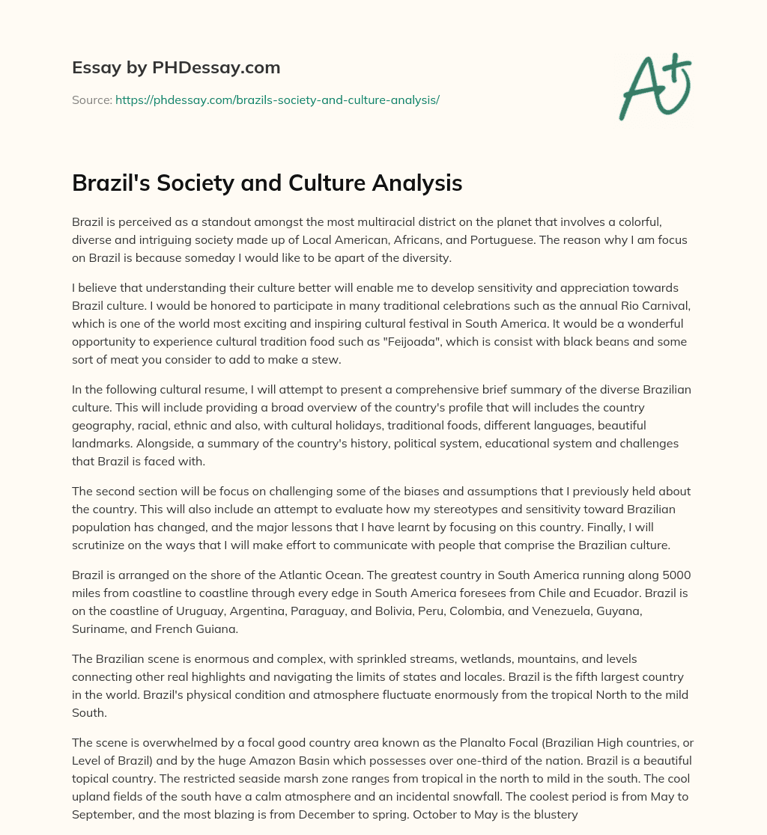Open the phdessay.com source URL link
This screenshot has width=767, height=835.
click(277, 100)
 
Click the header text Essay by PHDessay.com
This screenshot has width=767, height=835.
click(176, 68)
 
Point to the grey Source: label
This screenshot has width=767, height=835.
click(92, 100)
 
